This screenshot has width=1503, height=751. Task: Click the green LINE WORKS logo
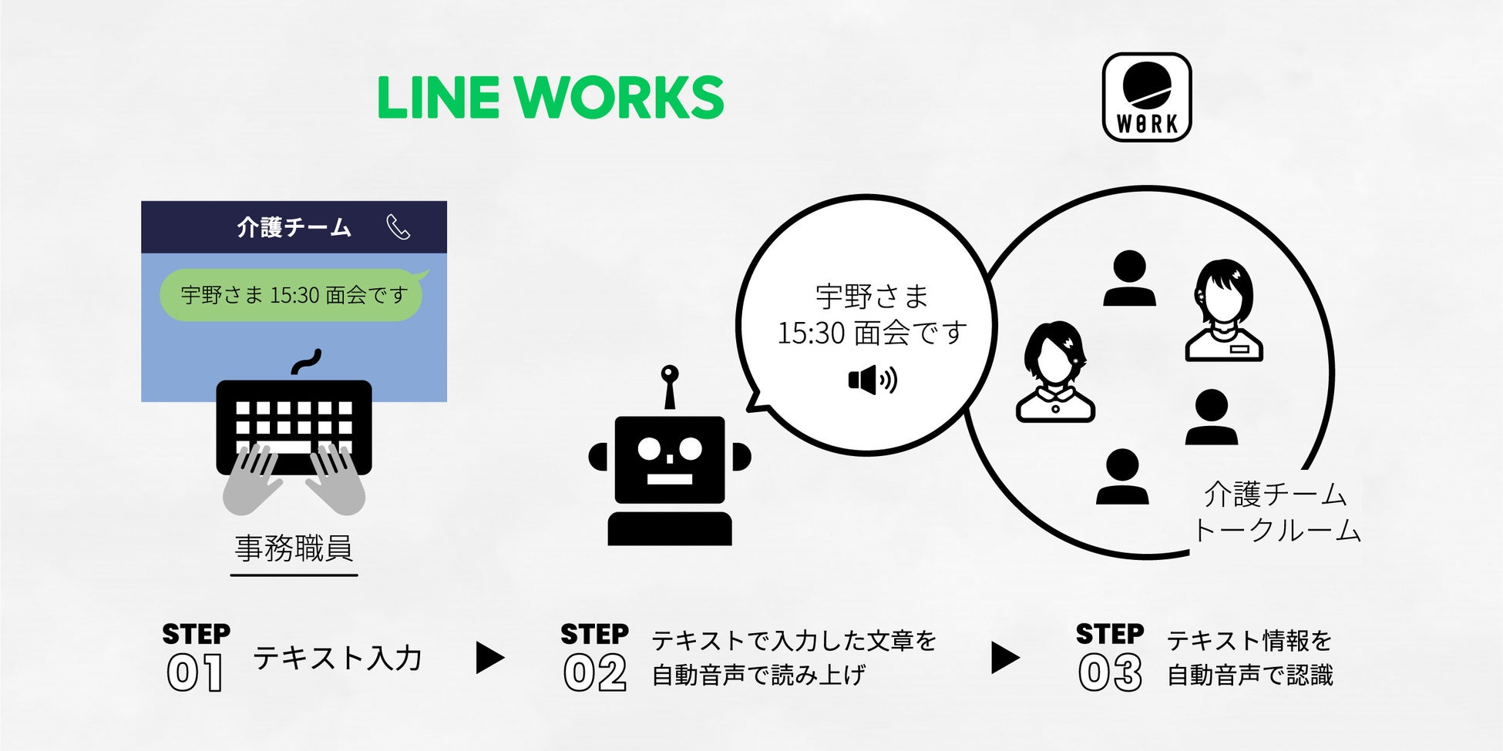point(550,97)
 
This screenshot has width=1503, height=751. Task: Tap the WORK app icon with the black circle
point(1147,97)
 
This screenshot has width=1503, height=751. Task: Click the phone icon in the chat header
point(398,227)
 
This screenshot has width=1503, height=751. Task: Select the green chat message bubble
point(292,295)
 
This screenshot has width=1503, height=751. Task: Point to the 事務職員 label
point(294,548)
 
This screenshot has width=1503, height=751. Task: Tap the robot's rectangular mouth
point(669,478)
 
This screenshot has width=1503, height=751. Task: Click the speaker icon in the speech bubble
point(872,380)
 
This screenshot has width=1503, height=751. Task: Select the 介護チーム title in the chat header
point(294,227)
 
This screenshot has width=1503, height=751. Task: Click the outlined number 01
point(195,673)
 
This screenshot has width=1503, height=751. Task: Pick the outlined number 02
point(594,673)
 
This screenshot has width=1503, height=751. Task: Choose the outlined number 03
point(1109,673)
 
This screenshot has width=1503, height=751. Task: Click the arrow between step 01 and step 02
point(489,658)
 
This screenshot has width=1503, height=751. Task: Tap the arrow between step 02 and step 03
point(1004,658)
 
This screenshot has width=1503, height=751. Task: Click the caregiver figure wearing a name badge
point(1223,311)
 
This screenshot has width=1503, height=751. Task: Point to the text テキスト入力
point(338,658)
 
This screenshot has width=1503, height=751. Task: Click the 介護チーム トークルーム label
point(1276,512)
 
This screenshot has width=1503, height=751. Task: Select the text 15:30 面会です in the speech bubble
point(872,333)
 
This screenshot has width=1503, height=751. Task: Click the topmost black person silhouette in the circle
point(1129,279)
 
